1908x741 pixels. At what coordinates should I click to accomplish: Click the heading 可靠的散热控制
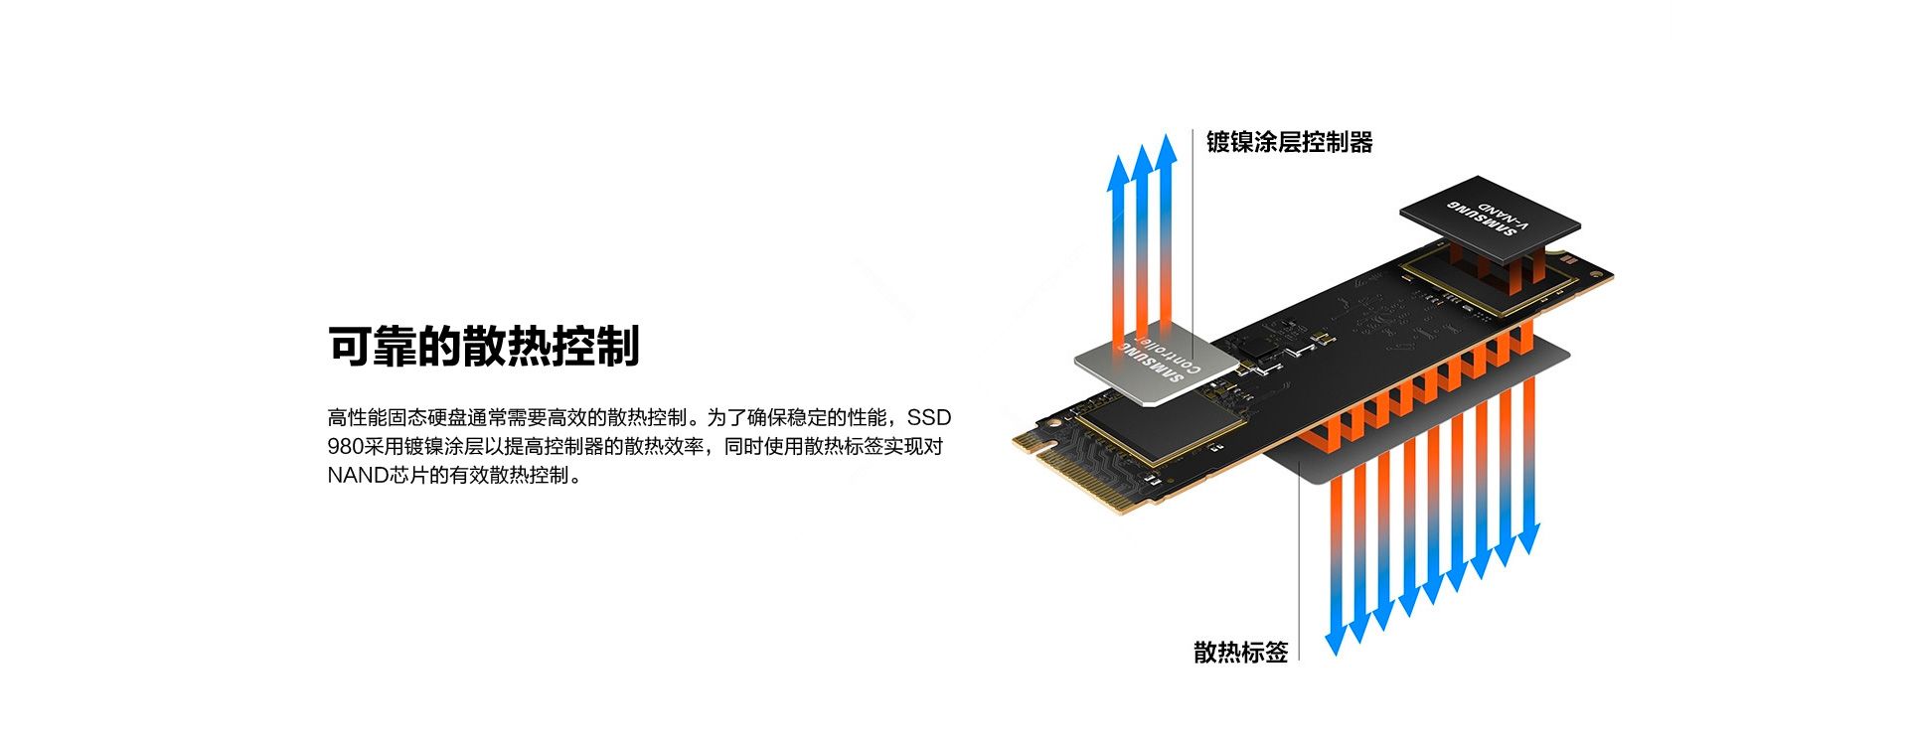point(484,346)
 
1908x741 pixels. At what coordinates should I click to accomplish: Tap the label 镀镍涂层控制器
point(1289,142)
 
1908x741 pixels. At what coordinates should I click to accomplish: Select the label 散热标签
point(1240,652)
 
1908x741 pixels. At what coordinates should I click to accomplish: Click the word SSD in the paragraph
point(928,417)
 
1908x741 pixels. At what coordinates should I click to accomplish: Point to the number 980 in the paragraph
point(345,446)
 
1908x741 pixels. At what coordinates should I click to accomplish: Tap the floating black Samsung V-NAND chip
point(1490,221)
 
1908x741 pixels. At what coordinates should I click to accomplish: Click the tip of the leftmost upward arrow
point(1119,156)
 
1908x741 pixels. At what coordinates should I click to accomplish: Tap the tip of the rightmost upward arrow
point(1167,134)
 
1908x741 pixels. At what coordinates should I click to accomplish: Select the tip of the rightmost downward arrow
point(1528,552)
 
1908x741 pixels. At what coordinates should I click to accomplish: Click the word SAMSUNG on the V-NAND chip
point(1481,219)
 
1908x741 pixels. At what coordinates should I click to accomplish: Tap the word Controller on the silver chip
point(1171,351)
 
